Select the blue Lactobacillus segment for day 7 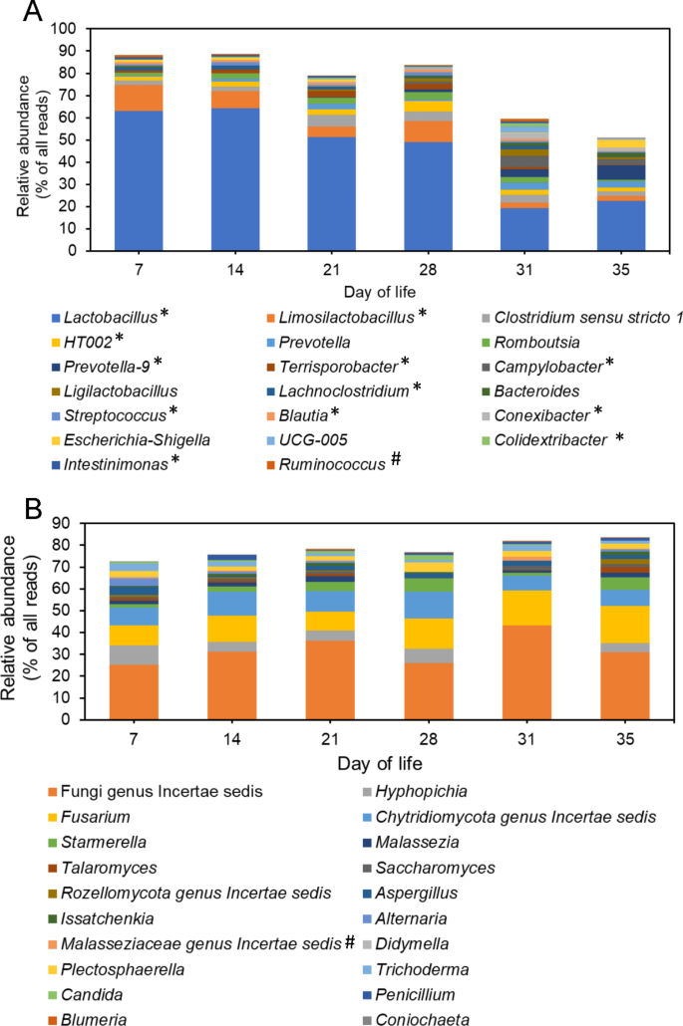pyautogui.click(x=126, y=180)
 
